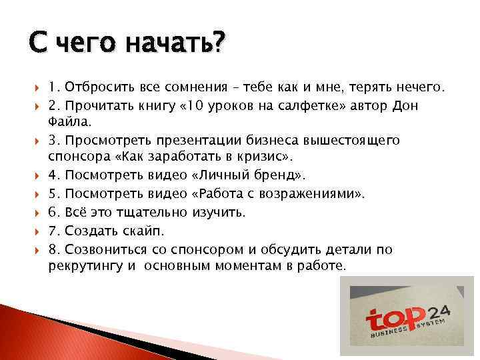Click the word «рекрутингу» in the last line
tap(82, 265)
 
